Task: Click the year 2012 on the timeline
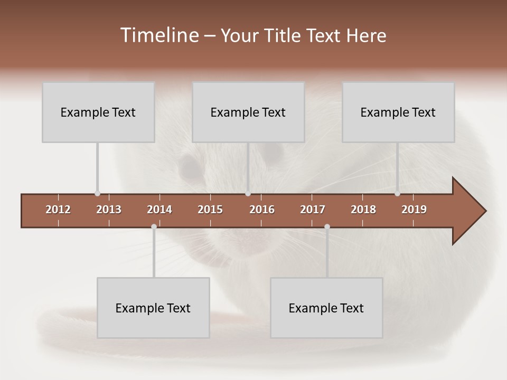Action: [x=58, y=210]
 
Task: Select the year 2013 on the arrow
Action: [x=109, y=210]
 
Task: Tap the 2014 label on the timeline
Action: [x=159, y=210]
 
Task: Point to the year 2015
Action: [x=210, y=210]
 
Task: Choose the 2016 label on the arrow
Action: [x=262, y=210]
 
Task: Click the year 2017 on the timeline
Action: [x=313, y=210]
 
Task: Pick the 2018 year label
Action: [x=363, y=210]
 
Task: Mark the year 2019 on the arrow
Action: [x=414, y=210]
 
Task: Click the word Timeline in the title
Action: [x=159, y=35]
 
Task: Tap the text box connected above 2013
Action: [x=98, y=112]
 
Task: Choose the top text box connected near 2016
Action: [x=248, y=112]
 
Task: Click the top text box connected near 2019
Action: [x=398, y=112]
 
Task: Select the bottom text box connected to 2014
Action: [x=153, y=308]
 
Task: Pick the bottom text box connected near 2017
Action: [x=326, y=308]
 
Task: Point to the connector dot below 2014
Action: [x=154, y=227]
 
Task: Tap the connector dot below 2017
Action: [x=327, y=227]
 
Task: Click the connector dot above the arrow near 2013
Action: [x=97, y=194]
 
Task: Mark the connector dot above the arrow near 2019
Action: [x=397, y=194]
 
